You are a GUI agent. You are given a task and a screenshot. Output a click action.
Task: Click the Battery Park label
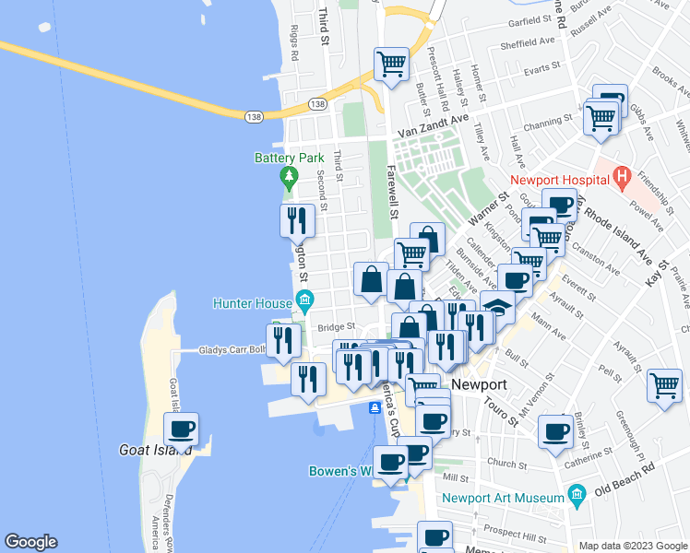point(290,158)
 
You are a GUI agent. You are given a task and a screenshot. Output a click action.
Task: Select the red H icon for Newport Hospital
point(622,174)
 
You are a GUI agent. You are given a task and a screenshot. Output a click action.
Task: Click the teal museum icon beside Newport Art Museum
point(577,498)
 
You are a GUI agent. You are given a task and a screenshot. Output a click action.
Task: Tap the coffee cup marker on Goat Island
point(181,429)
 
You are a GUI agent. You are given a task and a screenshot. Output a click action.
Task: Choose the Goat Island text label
point(155,451)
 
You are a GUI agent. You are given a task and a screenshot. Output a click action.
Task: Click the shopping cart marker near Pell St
point(665,385)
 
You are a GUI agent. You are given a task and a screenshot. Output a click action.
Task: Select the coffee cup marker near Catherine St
point(555,432)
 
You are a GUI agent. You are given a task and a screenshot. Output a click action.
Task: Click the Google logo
point(30,542)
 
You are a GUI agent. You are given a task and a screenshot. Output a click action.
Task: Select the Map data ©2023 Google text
point(632,546)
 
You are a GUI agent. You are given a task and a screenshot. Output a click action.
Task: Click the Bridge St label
point(338,327)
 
